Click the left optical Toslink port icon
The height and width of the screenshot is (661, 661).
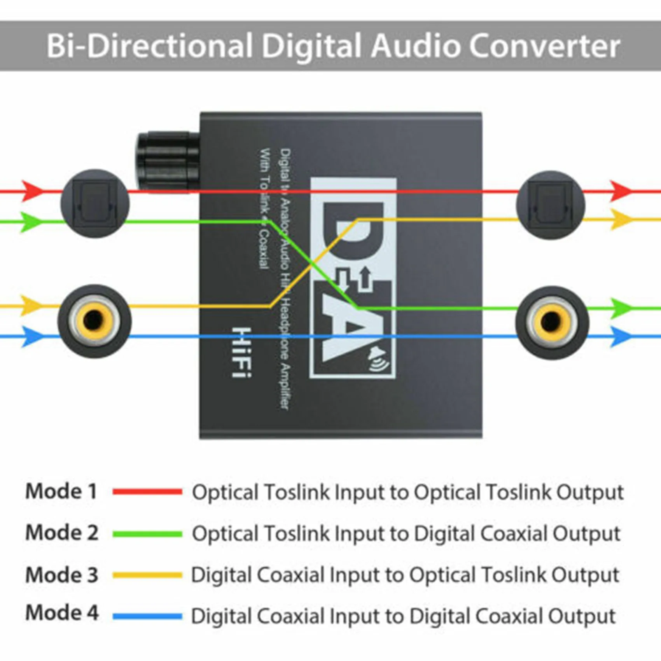click(x=94, y=203)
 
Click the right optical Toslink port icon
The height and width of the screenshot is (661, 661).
click(x=550, y=205)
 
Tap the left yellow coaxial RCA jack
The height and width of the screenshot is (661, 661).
click(x=94, y=321)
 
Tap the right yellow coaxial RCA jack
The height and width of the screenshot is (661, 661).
click(x=552, y=322)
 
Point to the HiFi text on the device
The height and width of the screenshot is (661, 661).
click(x=241, y=352)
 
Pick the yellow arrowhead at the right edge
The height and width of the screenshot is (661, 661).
click(x=621, y=220)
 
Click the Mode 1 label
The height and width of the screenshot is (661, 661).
click(x=61, y=491)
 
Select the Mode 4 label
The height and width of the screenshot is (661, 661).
click(x=62, y=613)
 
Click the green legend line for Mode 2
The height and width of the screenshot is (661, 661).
click(x=147, y=534)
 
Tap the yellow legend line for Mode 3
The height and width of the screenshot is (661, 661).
click(x=147, y=575)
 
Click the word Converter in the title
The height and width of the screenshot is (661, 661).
click(x=544, y=46)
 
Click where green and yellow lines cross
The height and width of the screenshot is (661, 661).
click(x=313, y=264)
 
